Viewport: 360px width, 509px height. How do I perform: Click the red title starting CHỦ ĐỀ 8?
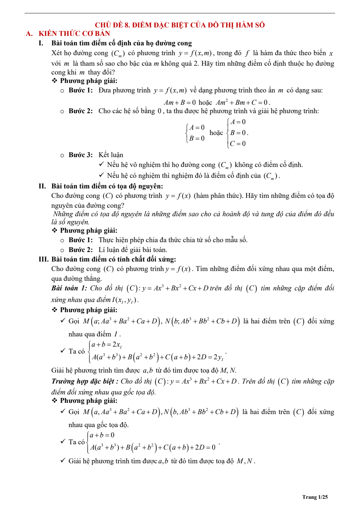[x=180, y=25]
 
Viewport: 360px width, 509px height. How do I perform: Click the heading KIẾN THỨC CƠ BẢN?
[x=74, y=34]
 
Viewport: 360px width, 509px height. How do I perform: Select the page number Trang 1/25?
[x=315, y=497]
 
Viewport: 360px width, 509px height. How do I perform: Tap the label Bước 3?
[x=81, y=155]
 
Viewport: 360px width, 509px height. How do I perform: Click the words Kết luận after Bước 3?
[x=111, y=155]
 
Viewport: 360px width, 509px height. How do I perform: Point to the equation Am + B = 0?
[x=180, y=103]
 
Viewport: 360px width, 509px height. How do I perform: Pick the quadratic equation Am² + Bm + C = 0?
[x=243, y=103]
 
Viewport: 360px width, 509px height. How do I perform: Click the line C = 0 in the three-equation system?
[x=238, y=143]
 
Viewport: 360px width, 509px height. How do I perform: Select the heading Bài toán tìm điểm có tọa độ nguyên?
[x=107, y=186]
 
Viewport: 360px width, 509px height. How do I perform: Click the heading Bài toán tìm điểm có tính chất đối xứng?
[x=114, y=259]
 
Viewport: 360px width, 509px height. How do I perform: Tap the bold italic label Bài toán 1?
[x=69, y=288]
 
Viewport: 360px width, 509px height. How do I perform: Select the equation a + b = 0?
[x=102, y=435]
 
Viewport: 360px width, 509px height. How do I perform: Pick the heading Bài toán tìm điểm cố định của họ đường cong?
[x=121, y=43]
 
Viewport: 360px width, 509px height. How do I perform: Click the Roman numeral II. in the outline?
[x=42, y=186]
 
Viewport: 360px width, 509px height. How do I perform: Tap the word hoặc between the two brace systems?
[x=216, y=133]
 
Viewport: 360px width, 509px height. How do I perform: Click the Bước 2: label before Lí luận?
[x=81, y=250]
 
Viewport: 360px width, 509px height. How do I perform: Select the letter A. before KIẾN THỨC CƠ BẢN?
[x=29, y=34]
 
